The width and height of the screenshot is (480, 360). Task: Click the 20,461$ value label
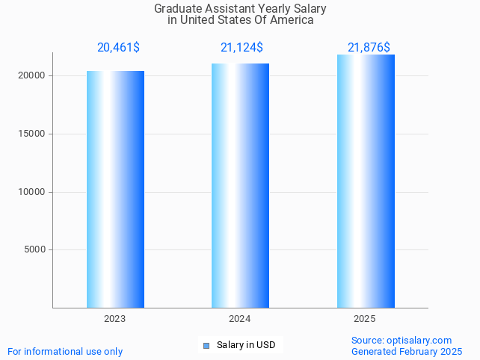click(118, 48)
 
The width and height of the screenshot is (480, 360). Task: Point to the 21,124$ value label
click(241, 48)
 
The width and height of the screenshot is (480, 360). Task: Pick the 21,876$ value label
click(369, 48)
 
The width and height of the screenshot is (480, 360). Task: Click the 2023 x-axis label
click(115, 318)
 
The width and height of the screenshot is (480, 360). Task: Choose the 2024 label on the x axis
click(240, 318)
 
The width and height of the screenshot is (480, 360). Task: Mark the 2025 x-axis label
click(365, 318)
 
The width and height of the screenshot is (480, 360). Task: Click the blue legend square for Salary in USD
click(207, 345)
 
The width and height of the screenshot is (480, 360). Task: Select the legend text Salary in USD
click(246, 345)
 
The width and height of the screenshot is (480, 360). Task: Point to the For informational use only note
click(65, 351)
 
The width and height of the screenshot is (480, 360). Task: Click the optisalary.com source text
click(419, 340)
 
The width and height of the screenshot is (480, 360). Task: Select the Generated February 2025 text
click(407, 351)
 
